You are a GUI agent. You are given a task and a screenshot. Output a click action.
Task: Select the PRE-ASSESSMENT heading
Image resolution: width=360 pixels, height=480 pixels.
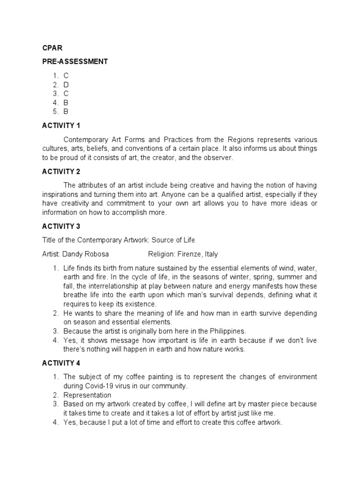[x=75, y=61]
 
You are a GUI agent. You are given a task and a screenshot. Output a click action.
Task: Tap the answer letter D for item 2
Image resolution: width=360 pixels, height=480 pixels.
[x=67, y=84]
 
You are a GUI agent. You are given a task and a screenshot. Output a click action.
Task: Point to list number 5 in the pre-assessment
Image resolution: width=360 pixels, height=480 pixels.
[x=55, y=111]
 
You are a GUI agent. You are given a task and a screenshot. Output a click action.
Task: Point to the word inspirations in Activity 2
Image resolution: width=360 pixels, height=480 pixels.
[x=61, y=194]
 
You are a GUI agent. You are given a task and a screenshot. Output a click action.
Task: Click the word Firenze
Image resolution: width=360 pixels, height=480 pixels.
[x=193, y=254]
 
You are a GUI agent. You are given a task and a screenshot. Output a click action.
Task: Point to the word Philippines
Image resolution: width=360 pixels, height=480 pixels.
[x=222, y=331]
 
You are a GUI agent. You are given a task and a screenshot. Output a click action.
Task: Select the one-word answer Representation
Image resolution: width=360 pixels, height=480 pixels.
[x=88, y=395]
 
